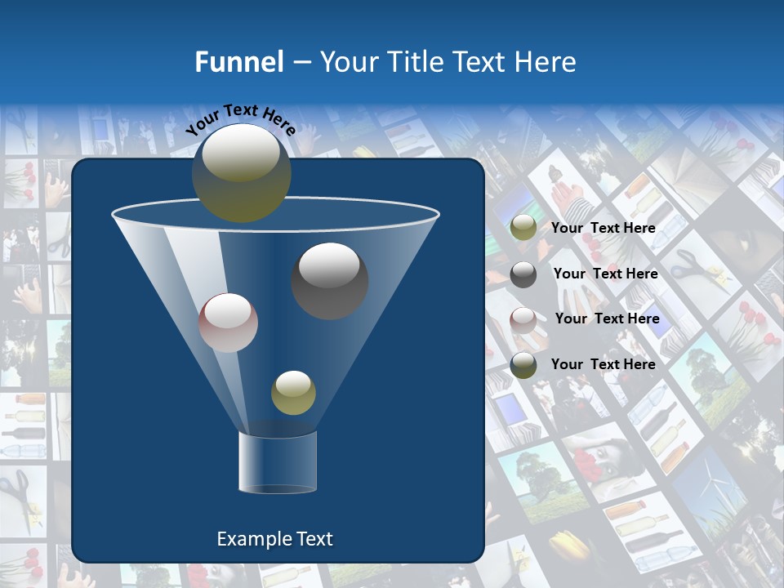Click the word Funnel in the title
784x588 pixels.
pyautogui.click(x=238, y=62)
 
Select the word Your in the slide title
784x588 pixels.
pyautogui.click(x=347, y=62)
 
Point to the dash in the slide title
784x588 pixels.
pyautogui.click(x=301, y=63)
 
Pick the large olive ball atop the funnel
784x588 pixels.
pyautogui.click(x=241, y=172)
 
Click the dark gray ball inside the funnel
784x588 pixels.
pyautogui.click(x=330, y=281)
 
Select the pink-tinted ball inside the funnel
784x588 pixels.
pyautogui.click(x=228, y=323)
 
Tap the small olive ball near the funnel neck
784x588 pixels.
pyautogui.click(x=293, y=393)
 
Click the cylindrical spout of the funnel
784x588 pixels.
pyautogui.click(x=278, y=462)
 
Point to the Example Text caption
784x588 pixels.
pyautogui.click(x=274, y=539)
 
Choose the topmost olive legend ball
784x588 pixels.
pyautogui.click(x=523, y=228)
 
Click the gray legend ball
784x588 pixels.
pyautogui.click(x=523, y=274)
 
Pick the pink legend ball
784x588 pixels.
pyautogui.click(x=523, y=320)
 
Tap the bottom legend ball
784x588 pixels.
pyautogui.click(x=523, y=365)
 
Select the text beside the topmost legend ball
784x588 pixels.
pyautogui.click(x=604, y=229)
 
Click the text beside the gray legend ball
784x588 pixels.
pyautogui.click(x=605, y=274)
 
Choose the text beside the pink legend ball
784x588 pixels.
pyautogui.click(x=607, y=319)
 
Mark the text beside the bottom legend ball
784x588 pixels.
pyautogui.click(x=604, y=365)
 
